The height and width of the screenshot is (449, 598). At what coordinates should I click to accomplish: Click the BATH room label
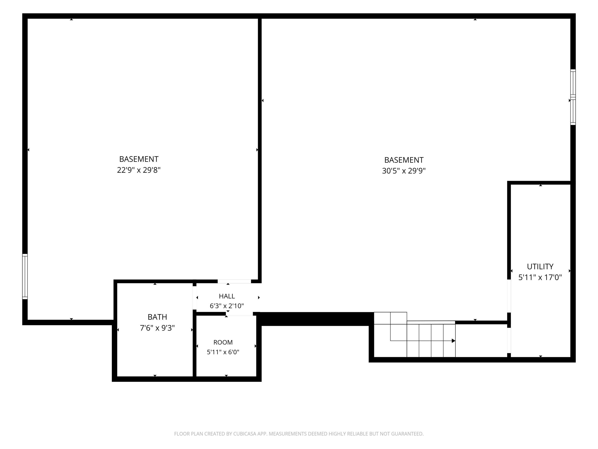click(x=157, y=317)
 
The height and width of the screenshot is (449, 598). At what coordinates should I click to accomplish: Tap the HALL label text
click(x=227, y=296)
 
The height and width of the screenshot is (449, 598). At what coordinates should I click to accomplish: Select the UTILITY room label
click(x=540, y=267)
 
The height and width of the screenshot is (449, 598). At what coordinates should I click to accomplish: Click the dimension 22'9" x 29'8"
click(x=139, y=170)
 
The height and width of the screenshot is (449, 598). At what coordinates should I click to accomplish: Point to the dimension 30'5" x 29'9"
click(x=404, y=171)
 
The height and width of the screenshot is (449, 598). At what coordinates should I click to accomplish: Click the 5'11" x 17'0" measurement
click(x=540, y=277)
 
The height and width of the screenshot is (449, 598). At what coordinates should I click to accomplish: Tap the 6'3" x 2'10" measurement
click(x=227, y=306)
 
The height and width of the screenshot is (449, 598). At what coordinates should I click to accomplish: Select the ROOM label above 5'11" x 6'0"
click(x=223, y=342)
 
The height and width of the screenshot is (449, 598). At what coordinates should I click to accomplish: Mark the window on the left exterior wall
click(x=25, y=277)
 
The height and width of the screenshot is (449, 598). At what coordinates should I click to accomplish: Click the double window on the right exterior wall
click(x=573, y=97)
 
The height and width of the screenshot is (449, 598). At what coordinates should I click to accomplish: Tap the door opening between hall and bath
click(x=194, y=298)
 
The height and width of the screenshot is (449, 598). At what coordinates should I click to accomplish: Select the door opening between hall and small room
click(x=239, y=314)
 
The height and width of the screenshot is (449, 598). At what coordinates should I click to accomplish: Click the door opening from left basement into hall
click(x=234, y=281)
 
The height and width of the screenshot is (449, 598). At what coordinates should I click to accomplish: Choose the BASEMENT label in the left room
click(x=139, y=159)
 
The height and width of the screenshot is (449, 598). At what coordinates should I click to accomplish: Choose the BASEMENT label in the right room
click(x=404, y=160)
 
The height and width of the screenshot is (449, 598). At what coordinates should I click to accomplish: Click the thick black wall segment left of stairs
click(x=315, y=319)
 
